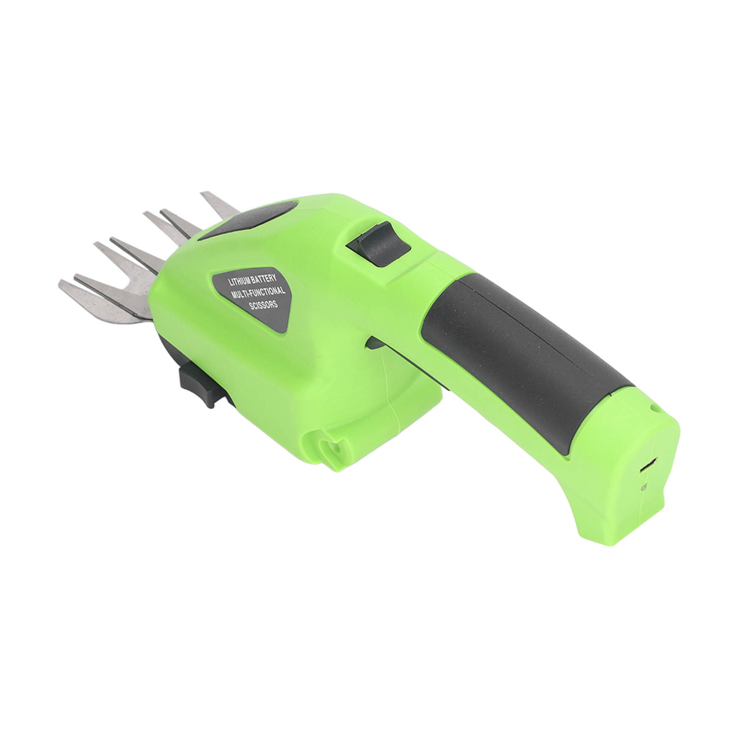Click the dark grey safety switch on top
(x=378, y=243)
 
